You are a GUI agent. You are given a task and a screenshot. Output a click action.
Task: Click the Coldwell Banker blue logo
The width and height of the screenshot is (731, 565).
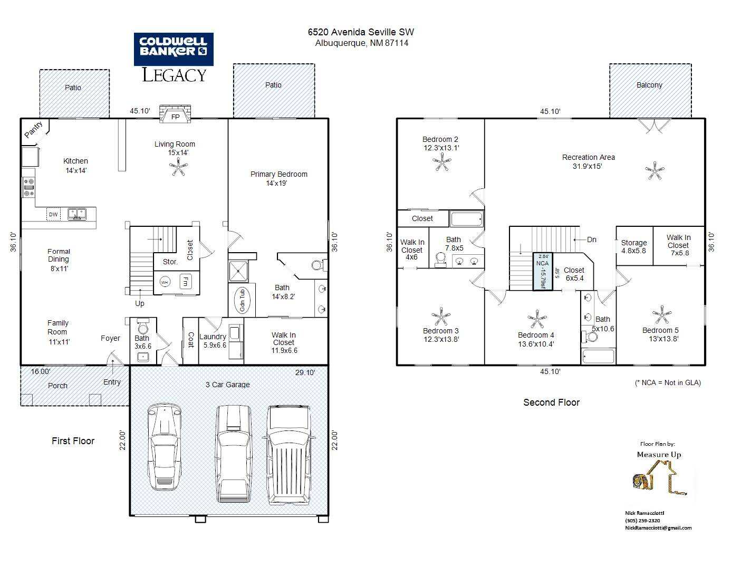click(174, 49)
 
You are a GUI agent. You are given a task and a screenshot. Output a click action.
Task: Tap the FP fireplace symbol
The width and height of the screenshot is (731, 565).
click(175, 114)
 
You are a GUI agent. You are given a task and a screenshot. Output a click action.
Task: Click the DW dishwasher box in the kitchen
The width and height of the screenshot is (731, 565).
click(53, 214)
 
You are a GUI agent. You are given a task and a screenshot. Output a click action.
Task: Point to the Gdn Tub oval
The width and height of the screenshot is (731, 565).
click(242, 301)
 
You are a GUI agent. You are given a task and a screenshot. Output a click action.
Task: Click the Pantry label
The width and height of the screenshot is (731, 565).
click(34, 130)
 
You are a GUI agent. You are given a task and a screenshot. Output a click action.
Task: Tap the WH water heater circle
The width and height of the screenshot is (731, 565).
click(165, 282)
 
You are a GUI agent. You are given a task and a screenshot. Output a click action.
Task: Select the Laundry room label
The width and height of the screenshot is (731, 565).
click(213, 337)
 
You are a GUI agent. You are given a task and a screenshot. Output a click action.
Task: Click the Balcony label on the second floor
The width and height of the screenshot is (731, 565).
click(649, 85)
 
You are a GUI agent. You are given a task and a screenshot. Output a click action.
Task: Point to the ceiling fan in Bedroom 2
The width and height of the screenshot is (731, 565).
click(441, 162)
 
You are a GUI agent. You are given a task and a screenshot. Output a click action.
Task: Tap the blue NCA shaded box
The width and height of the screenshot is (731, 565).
click(543, 271)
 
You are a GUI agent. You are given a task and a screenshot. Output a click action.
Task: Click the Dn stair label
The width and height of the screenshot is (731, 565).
click(592, 240)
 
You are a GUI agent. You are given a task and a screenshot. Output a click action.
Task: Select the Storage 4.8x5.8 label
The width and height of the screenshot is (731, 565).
click(634, 247)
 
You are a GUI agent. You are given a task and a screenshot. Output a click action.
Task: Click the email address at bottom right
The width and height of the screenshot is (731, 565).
click(658, 528)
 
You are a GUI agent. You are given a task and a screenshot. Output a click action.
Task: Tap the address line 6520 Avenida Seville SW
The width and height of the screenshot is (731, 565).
click(361, 32)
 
